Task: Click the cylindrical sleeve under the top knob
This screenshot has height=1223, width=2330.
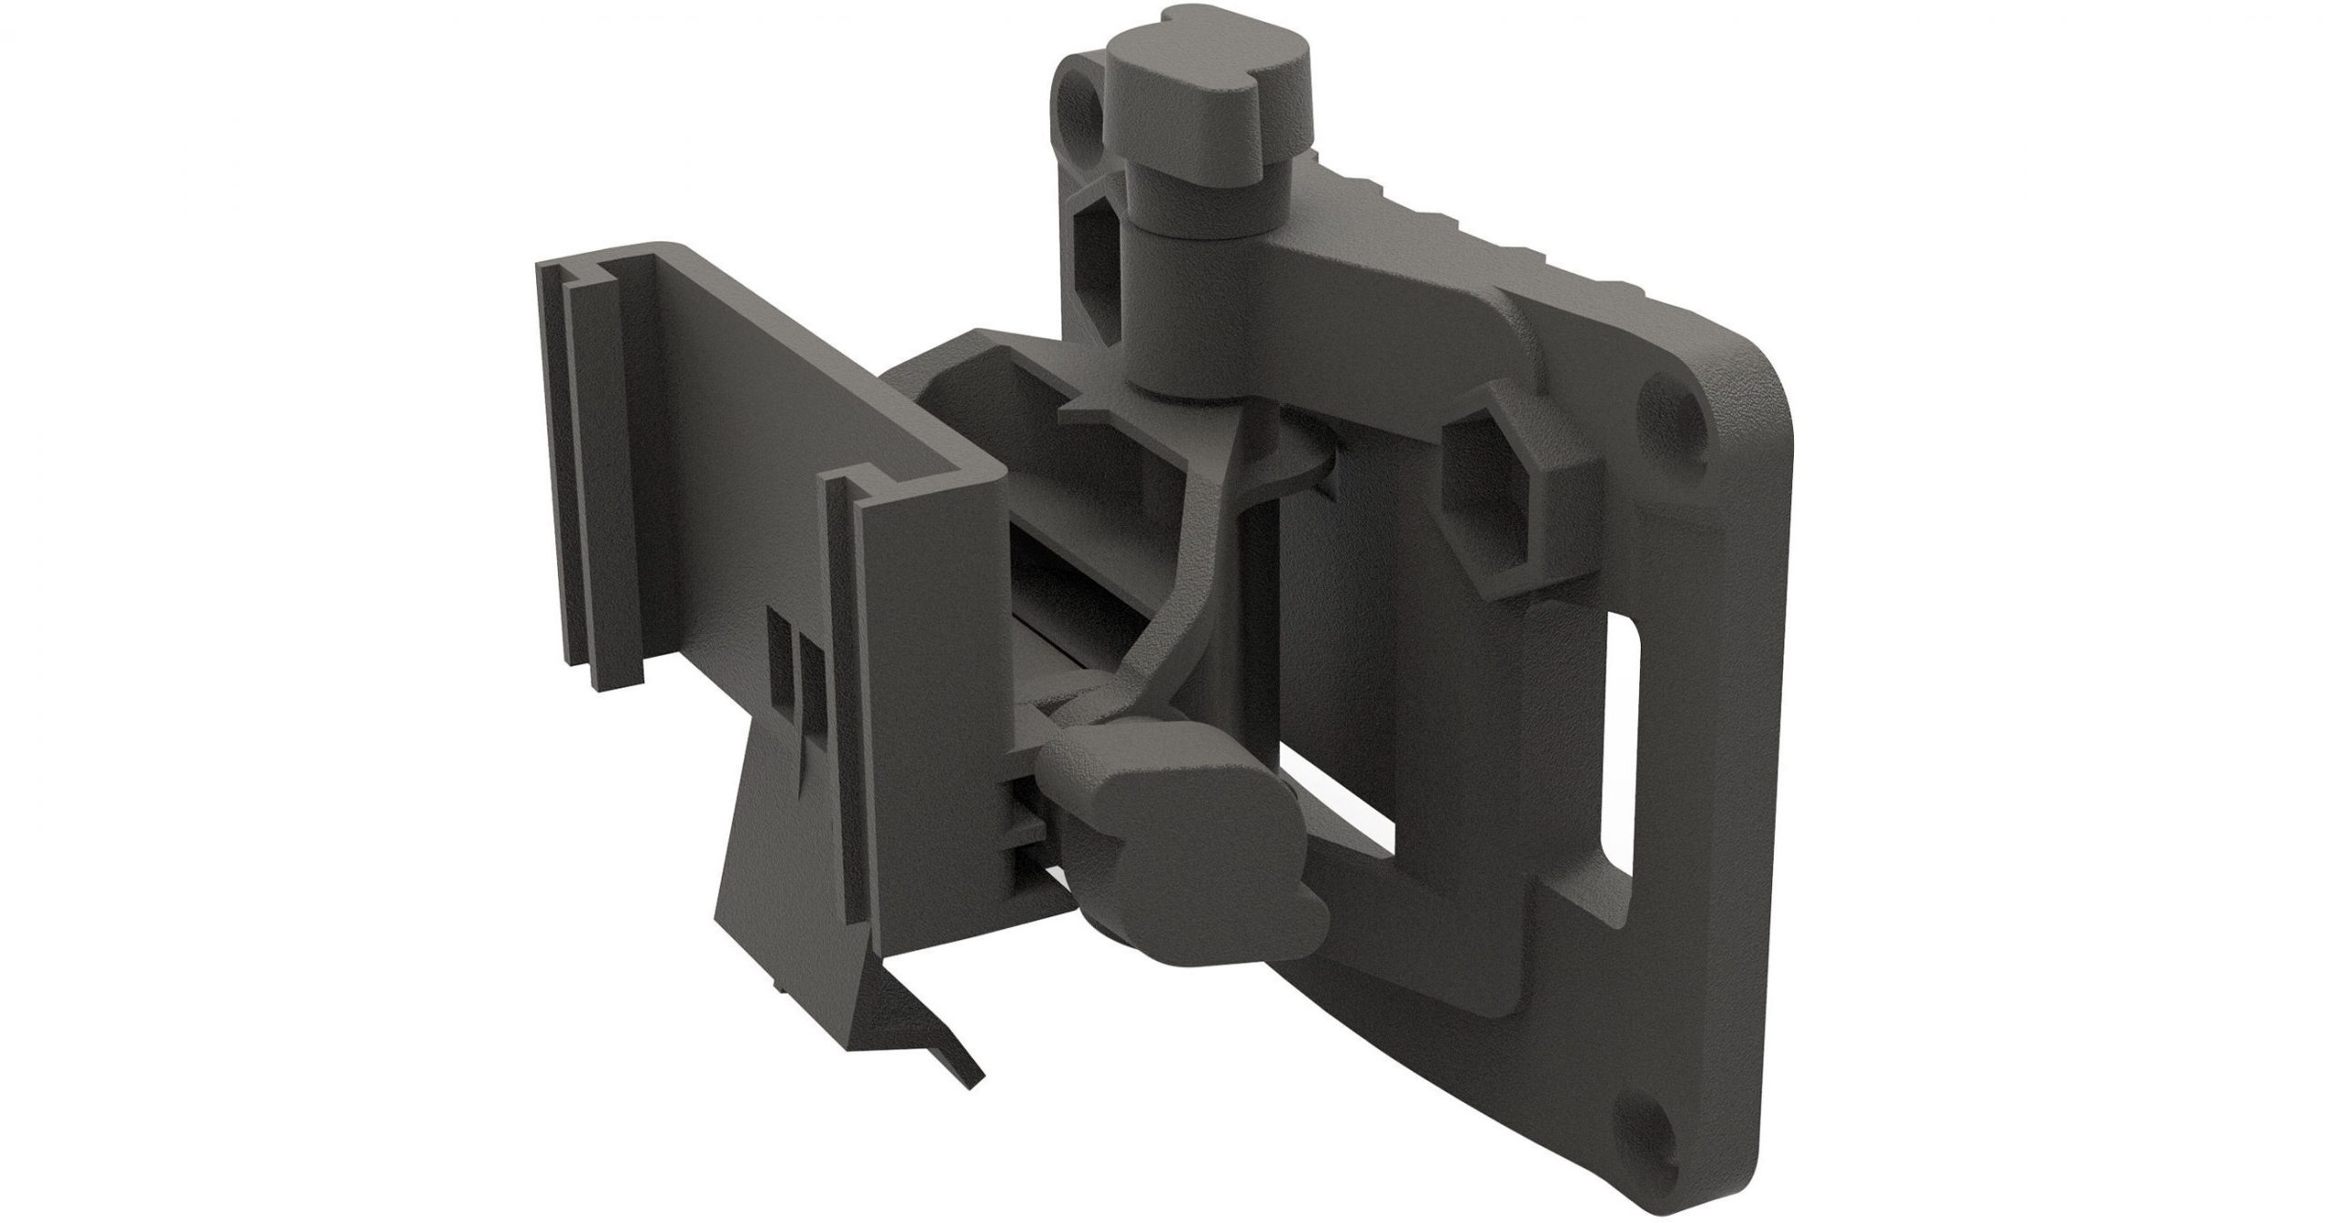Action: [x=1174, y=309]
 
